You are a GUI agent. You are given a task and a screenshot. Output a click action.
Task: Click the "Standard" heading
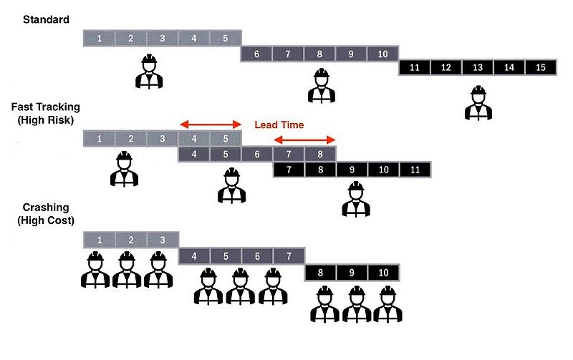pos(46,19)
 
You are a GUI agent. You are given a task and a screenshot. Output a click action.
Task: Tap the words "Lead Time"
pos(279,125)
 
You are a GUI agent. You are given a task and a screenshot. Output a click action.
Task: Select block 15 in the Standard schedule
pos(541,67)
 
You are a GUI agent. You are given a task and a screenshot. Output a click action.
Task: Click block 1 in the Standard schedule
pos(100,39)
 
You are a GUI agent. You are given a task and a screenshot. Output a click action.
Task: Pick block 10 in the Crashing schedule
pos(383,273)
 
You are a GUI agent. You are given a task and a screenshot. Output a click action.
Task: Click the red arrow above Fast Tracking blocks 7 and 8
pos(304,140)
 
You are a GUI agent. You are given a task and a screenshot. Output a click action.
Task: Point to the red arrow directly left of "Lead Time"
pos(211,125)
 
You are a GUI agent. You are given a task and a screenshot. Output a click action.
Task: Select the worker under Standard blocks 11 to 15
pos(478,103)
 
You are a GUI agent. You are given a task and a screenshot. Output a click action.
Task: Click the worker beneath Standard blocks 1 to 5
pos(149,71)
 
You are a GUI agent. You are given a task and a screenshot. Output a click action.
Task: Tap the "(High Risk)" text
pos(46,120)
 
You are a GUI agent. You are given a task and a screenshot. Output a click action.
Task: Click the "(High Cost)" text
pos(46,220)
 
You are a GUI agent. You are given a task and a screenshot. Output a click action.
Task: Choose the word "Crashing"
pos(46,208)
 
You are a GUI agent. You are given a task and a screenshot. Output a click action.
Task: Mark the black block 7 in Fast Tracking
pos(289,170)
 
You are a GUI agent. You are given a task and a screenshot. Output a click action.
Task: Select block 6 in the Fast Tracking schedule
pos(257,155)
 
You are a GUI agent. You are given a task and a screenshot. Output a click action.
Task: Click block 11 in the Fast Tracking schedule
pos(415,170)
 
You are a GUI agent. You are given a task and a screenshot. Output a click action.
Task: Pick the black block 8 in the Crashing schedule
pos(320,273)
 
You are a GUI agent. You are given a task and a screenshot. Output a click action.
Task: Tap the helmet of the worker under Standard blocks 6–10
pos(322,73)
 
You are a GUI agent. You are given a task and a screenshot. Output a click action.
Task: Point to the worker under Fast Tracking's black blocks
pos(356,199)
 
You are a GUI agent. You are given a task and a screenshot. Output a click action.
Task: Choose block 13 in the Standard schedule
pos(478,67)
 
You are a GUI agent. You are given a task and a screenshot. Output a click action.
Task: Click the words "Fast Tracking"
pos(46,107)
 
